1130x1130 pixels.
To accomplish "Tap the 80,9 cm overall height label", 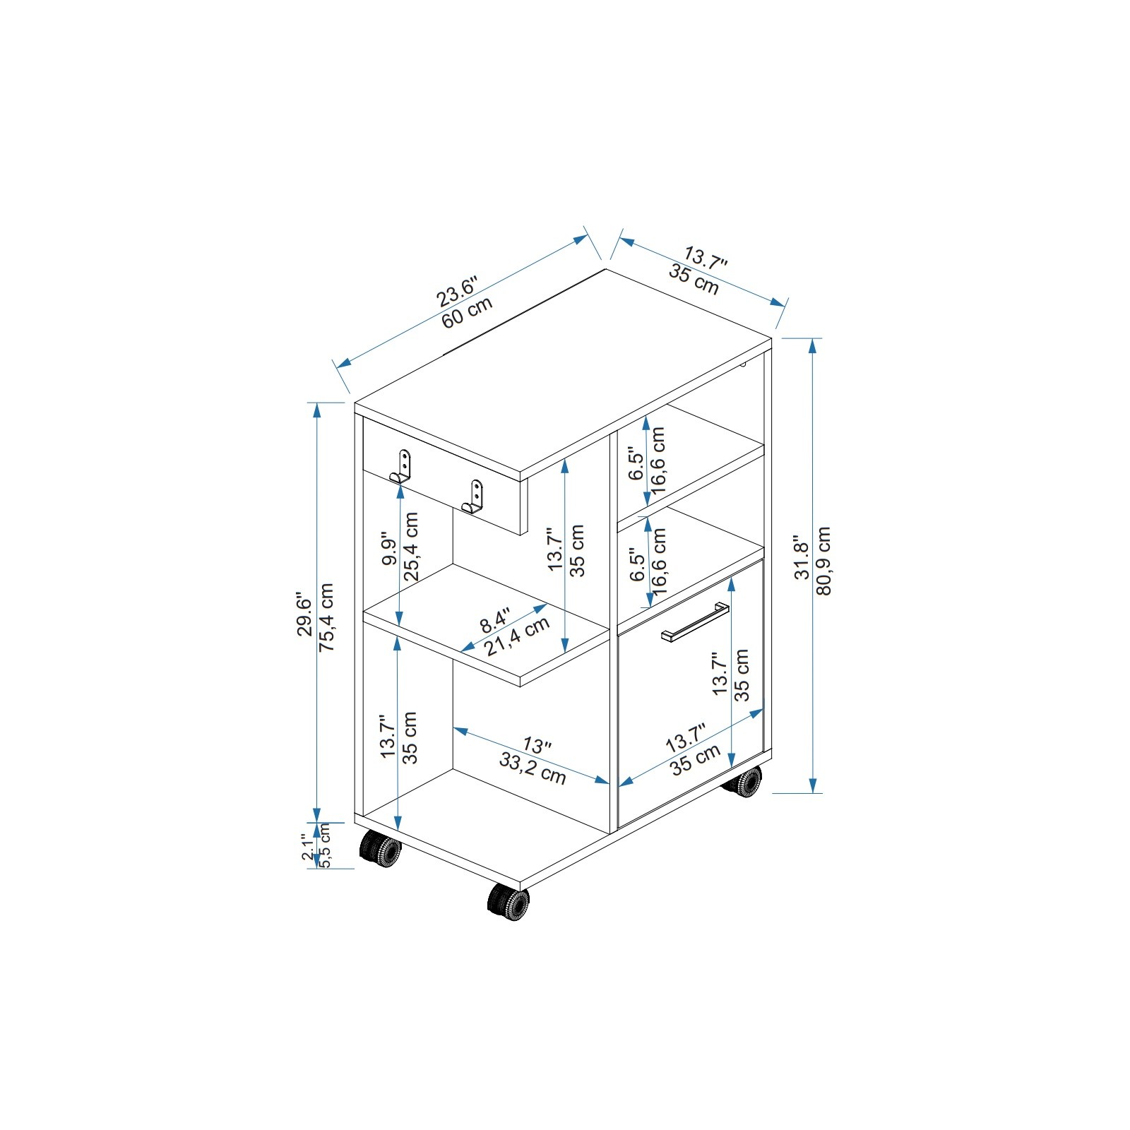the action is click(x=823, y=561).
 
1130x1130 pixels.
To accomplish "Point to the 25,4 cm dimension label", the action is click(x=412, y=547).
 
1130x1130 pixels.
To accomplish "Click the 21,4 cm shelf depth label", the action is click(x=517, y=636).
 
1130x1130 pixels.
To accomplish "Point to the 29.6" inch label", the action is click(x=305, y=614).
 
